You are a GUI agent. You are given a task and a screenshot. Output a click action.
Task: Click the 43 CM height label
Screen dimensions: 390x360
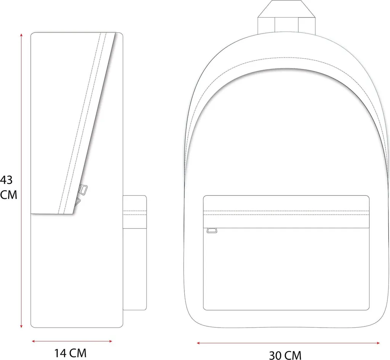click(8, 187)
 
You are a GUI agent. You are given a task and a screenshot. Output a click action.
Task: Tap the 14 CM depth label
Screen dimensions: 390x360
click(70, 353)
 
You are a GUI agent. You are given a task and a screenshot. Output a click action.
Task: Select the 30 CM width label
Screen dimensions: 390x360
click(285, 355)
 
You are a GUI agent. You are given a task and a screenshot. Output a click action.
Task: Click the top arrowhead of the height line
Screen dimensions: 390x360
click(21, 35)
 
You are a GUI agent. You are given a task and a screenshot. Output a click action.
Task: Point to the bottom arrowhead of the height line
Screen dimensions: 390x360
click(21, 326)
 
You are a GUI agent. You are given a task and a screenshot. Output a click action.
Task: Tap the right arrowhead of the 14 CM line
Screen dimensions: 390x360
click(110, 341)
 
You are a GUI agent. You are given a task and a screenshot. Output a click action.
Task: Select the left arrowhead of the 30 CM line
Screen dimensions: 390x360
click(198, 343)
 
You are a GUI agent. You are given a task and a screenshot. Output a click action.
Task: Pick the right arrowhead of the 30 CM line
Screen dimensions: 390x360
click(378, 343)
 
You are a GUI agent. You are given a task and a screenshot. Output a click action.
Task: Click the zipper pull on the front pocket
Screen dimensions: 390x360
click(212, 230)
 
